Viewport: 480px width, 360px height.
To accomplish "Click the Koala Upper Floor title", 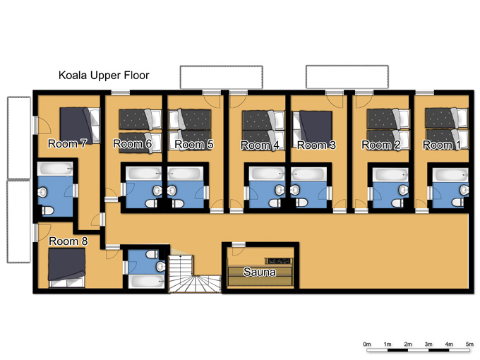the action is (x=104, y=76).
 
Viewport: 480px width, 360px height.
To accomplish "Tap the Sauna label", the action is (x=259, y=272).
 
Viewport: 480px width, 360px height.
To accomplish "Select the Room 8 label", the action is (x=68, y=241).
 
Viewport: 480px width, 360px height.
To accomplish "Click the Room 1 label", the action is (x=442, y=145).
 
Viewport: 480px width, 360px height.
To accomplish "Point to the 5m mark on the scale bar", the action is (x=469, y=344).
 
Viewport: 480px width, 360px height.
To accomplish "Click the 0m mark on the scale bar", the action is (x=367, y=344).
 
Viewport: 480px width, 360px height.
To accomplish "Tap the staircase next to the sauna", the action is (x=194, y=275).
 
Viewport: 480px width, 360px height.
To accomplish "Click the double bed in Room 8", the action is (x=67, y=268).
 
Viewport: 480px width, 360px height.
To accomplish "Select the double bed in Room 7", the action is (x=80, y=125).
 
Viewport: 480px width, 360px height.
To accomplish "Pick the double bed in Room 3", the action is (x=313, y=128).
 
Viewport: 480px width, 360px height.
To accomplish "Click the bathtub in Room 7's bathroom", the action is (x=55, y=169).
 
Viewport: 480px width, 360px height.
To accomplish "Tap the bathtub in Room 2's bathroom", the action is (x=390, y=174).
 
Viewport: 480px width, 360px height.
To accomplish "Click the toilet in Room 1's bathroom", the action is (x=457, y=203).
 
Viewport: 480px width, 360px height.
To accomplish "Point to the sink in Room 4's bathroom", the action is (x=280, y=190).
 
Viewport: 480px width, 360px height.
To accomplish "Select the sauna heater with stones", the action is (x=279, y=260).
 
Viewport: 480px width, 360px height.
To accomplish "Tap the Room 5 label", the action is (x=194, y=145).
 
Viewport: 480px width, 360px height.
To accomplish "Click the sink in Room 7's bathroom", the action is (x=42, y=193).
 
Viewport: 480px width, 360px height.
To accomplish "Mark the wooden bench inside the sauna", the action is (x=260, y=276).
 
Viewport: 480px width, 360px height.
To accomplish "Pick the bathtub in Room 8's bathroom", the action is (x=146, y=281).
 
